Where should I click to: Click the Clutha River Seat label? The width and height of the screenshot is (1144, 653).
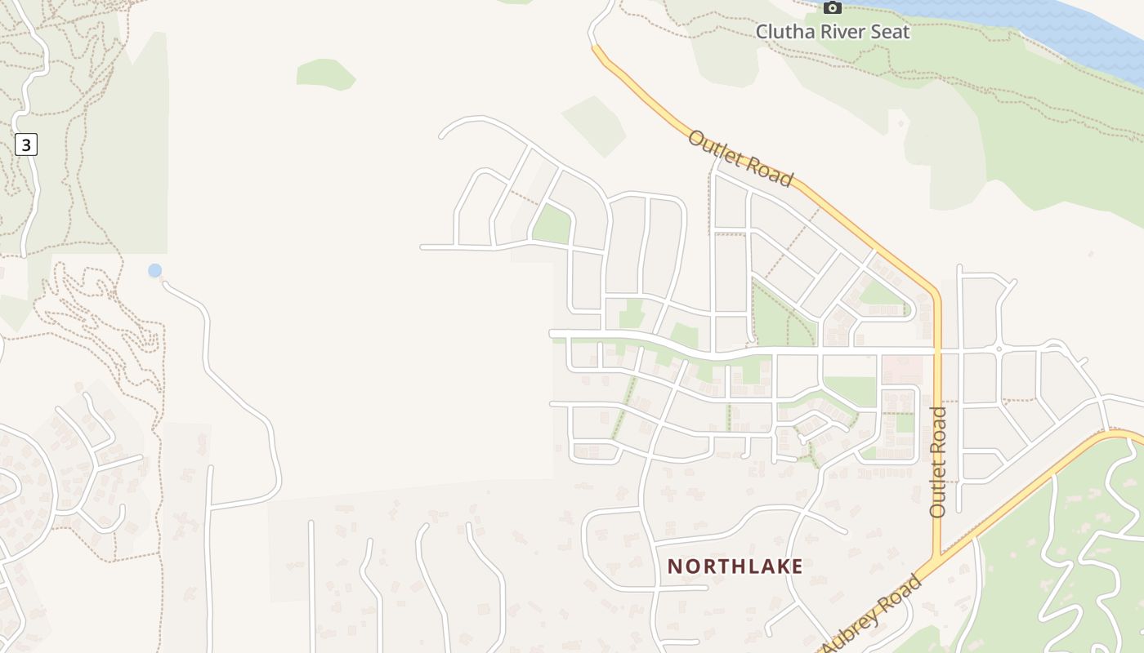(x=832, y=32)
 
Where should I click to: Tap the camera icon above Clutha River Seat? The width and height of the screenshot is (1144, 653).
(x=832, y=8)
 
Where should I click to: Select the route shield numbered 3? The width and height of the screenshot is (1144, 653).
(x=26, y=145)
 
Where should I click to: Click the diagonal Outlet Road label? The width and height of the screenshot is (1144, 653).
(x=740, y=158)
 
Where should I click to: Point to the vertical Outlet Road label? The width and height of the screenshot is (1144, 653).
(x=937, y=461)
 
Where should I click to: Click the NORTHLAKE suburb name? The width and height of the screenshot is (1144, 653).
(x=735, y=566)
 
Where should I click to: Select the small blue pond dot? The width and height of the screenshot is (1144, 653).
(x=154, y=270)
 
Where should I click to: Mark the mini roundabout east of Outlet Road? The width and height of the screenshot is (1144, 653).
(x=999, y=349)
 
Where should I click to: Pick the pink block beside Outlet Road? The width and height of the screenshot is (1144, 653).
(x=902, y=369)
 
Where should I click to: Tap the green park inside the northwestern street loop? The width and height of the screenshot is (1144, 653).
(x=552, y=224)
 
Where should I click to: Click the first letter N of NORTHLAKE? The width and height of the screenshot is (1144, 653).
(x=675, y=566)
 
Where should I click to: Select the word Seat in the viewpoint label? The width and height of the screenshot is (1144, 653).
(x=891, y=32)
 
